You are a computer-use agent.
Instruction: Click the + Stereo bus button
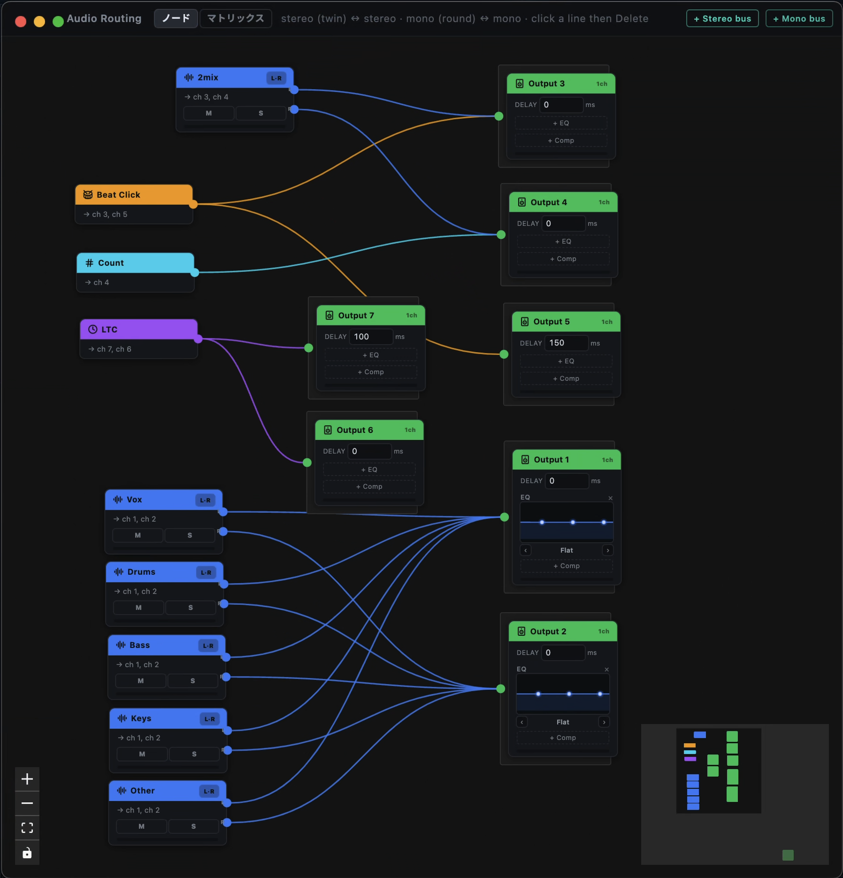pos(722,19)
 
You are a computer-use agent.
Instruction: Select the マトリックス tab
pos(236,18)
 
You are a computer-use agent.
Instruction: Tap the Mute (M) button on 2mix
pos(208,113)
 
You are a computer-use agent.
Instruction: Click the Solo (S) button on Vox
pos(190,535)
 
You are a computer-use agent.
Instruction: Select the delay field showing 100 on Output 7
pos(371,337)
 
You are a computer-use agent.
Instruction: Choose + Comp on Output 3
pos(561,140)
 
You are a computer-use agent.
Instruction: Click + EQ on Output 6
pos(369,470)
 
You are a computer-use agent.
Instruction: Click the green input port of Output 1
pos(505,517)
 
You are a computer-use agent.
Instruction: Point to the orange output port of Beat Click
pos(193,204)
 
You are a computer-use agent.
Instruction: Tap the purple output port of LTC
pos(198,339)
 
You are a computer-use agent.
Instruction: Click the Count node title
pos(111,263)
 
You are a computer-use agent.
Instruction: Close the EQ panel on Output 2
pos(606,670)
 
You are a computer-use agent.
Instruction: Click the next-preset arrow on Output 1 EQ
pos(608,550)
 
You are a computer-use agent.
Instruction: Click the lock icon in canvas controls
pos(27,853)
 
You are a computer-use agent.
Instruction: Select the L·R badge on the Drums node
pos(206,572)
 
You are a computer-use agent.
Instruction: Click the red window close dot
pos(21,21)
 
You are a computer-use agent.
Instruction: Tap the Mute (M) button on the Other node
pos(141,826)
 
